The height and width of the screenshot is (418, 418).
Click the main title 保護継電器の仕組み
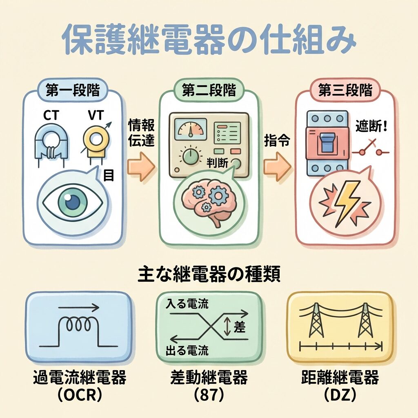tap(209, 40)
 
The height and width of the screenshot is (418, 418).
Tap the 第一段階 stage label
tap(73, 90)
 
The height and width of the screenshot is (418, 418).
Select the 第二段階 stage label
tap(209, 90)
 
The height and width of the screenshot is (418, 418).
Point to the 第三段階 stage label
tap(345, 90)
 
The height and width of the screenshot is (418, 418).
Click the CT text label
tap(51, 116)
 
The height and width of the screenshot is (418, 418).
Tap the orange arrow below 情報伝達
tap(141, 167)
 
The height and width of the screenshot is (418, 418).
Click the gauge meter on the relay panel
tap(190, 128)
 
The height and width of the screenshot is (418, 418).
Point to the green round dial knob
tap(191, 156)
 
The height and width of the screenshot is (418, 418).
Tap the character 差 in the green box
tap(239, 327)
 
